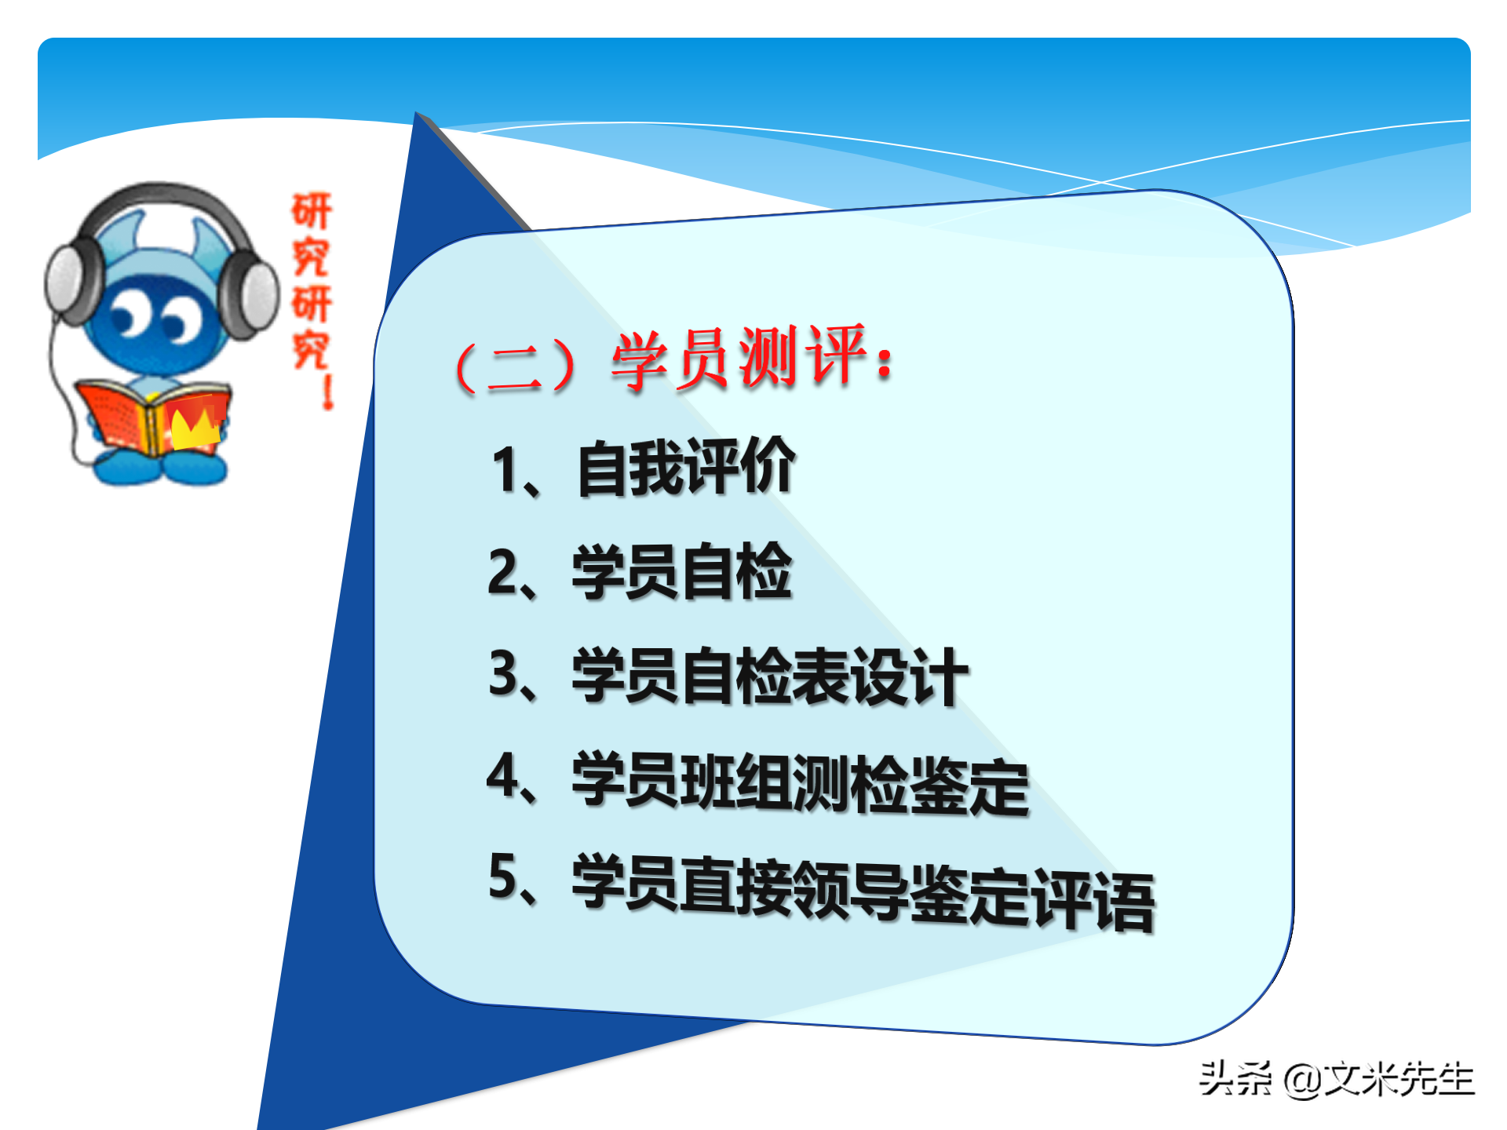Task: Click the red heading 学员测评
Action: [x=738, y=359]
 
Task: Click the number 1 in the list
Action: [x=504, y=469]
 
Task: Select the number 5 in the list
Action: [x=503, y=877]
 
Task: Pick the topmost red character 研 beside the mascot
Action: [x=312, y=211]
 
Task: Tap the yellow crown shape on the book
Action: [x=192, y=428]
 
